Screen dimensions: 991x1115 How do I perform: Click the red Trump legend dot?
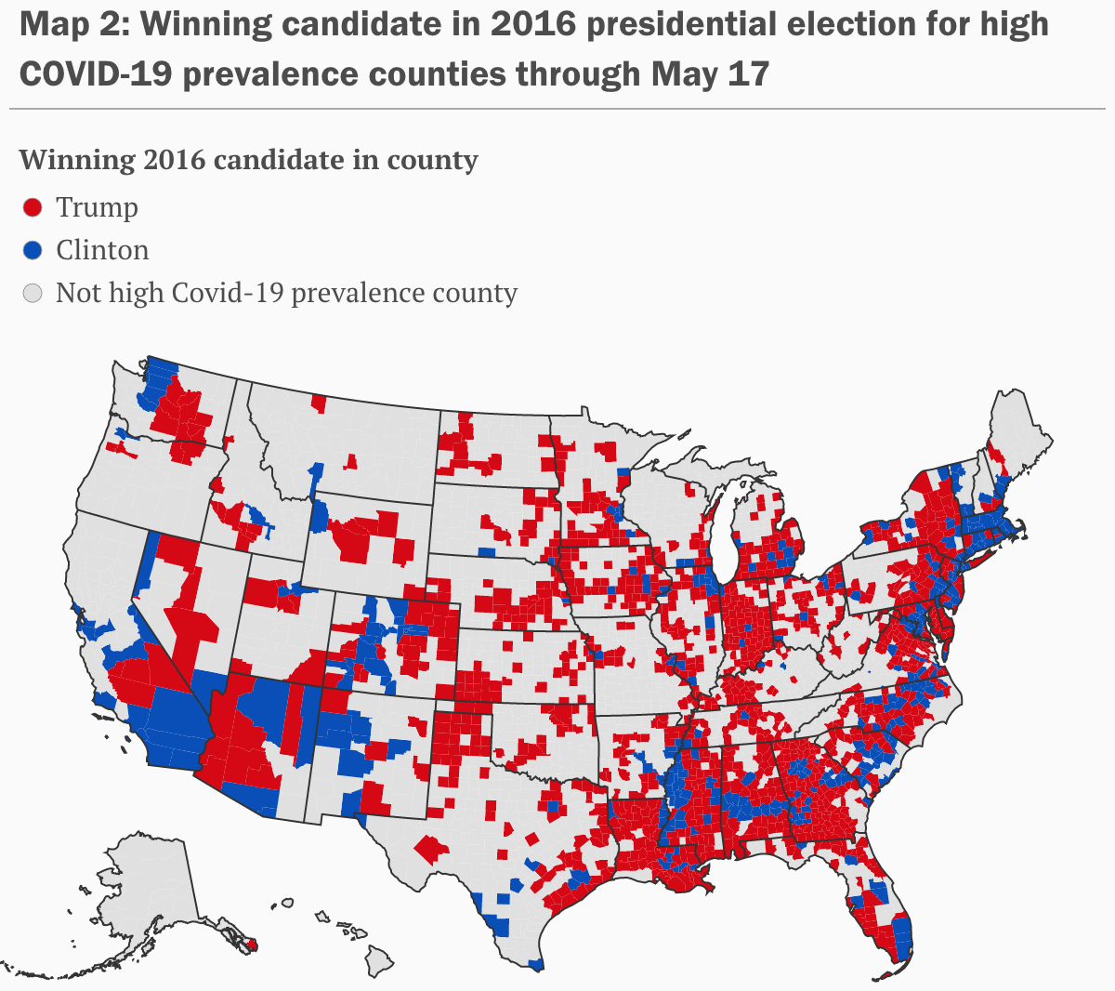click(33, 207)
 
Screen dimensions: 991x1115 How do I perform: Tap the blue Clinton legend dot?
click(33, 250)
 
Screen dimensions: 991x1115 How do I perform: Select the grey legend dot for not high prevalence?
click(33, 294)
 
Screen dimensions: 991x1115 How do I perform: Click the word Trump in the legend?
click(97, 207)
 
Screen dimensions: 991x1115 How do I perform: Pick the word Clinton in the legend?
click(102, 250)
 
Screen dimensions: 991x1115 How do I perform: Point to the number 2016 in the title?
click(533, 25)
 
